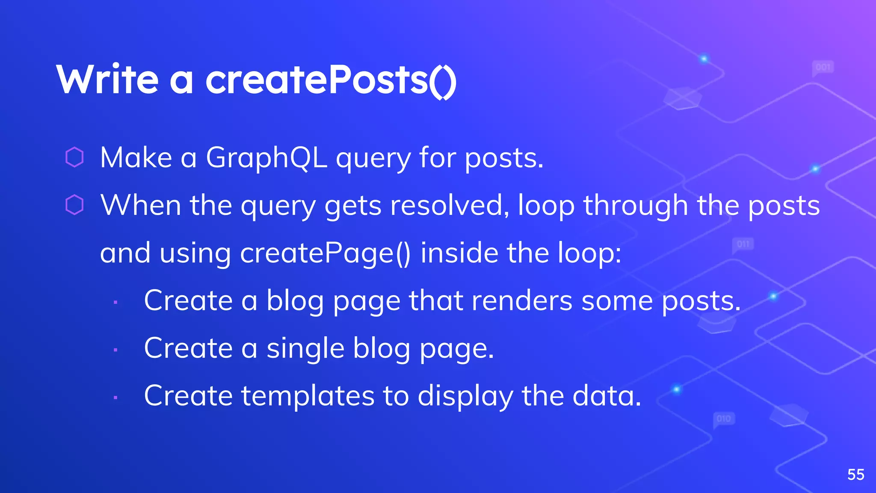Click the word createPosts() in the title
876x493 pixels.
point(331,80)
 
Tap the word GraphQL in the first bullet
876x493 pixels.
point(266,158)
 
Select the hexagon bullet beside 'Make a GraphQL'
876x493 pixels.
point(74,157)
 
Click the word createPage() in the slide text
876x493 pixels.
point(325,253)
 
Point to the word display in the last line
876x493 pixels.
point(465,396)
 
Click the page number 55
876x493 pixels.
point(856,475)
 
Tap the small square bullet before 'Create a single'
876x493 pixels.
point(115,350)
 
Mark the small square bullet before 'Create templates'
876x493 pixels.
point(115,398)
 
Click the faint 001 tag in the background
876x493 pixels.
point(823,67)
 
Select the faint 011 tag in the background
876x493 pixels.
point(743,244)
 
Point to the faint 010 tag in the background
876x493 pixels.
point(724,419)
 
